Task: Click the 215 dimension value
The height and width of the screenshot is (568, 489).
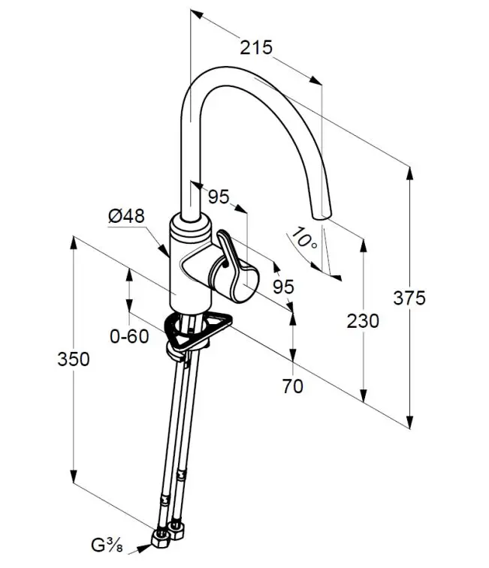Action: coord(255,47)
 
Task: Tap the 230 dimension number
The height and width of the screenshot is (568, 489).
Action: coord(363,321)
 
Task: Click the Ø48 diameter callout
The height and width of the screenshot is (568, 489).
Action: coord(126,216)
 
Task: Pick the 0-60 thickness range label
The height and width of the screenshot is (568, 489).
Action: coord(129,337)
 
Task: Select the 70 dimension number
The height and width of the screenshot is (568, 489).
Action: coord(293,386)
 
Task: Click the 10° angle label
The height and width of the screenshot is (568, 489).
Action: coord(305,239)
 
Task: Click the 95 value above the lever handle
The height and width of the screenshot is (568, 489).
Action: coord(219,197)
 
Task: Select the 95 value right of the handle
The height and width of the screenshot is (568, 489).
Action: coord(283,287)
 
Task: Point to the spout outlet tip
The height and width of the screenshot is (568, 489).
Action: coord(321,215)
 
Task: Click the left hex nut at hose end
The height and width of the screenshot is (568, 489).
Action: coord(160,538)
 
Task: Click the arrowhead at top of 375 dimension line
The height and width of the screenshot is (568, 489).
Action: coord(409,171)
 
